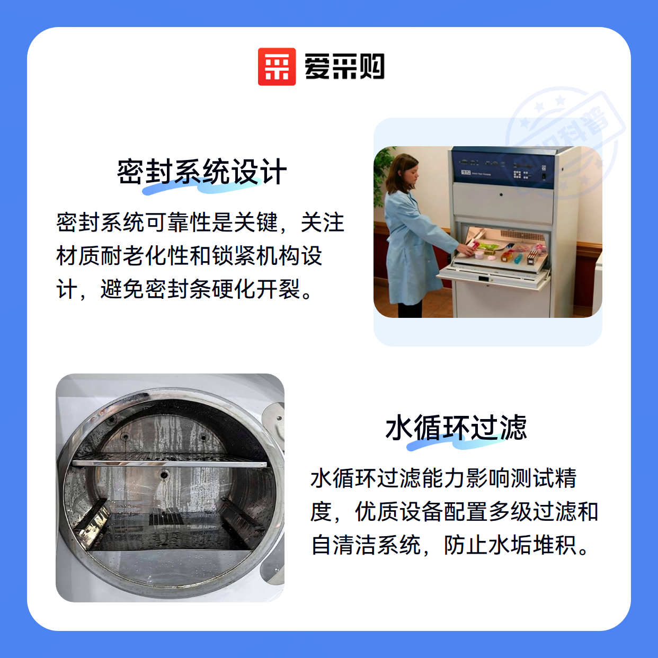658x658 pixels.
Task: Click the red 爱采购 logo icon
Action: [x=277, y=67]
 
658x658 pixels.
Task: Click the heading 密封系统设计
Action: [x=201, y=172]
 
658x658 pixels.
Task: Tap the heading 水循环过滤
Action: [x=456, y=428]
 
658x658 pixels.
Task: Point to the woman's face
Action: [x=410, y=174]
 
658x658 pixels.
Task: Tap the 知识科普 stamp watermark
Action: [x=565, y=144]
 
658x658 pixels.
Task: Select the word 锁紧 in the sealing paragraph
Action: [x=234, y=256]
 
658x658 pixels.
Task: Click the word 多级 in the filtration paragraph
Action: [x=510, y=512]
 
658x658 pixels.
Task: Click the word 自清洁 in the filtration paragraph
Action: [x=344, y=545]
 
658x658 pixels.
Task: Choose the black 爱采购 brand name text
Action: [x=344, y=67]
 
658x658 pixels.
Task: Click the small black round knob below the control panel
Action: [x=501, y=194]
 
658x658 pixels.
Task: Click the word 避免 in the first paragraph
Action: [x=122, y=289]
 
